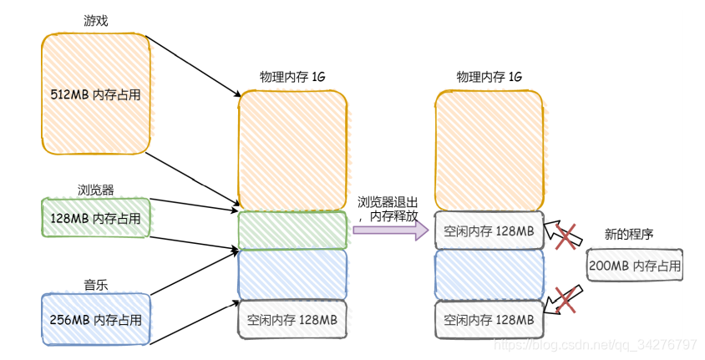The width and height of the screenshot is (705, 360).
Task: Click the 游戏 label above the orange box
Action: [x=96, y=19]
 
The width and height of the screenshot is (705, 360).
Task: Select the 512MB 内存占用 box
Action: [x=95, y=94]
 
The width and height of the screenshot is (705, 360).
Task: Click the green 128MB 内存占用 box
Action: [x=95, y=218]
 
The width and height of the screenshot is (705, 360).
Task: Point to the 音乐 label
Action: [x=95, y=285]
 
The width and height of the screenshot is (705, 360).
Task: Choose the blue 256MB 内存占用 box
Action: [x=95, y=319]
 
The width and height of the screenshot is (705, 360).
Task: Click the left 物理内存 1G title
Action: [x=292, y=77]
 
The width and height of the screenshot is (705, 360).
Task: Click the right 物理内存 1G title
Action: [x=489, y=77]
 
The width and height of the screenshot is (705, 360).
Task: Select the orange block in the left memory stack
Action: [x=292, y=150]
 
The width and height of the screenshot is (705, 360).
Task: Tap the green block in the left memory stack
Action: [x=292, y=231]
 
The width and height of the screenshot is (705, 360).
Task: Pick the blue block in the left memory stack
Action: [x=292, y=274]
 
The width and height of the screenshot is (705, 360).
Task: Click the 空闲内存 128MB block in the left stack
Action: [x=292, y=320]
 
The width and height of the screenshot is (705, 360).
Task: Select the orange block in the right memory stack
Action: [x=489, y=150]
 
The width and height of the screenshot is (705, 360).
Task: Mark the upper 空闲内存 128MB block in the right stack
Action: [x=489, y=231]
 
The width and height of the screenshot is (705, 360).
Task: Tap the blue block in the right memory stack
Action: [x=489, y=274]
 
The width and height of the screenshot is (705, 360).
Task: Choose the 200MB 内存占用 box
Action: [x=634, y=266]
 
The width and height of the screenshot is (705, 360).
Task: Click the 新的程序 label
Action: [x=631, y=236]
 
